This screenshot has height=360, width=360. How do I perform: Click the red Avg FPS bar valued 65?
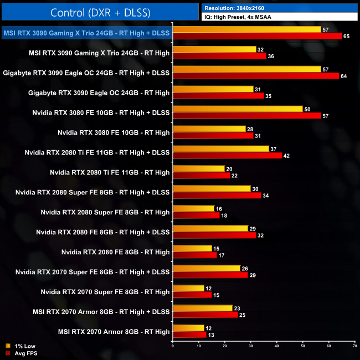pyautogui.click(x=258, y=36)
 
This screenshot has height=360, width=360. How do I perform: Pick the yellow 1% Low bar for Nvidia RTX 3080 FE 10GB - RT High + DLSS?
pyautogui.click(x=238, y=109)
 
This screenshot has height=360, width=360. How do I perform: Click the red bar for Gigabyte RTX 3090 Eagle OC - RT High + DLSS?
pyautogui.click(x=256, y=76)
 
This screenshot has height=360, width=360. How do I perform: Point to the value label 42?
pyautogui.click(x=287, y=156)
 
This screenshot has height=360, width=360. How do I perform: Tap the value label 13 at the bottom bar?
pyautogui.click(x=210, y=335)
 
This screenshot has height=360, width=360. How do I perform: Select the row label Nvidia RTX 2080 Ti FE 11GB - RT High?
pyautogui.click(x=110, y=173)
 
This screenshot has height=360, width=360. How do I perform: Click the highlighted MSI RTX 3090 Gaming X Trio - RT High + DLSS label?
pyautogui.click(x=86, y=33)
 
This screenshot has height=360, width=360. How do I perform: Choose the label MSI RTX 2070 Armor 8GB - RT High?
pyautogui.click(x=114, y=332)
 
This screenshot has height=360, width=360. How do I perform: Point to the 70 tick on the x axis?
pyautogui.click(x=354, y=346)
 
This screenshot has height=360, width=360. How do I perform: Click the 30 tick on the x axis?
pyautogui.click(x=250, y=346)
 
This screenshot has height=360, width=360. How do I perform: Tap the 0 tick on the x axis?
pyautogui.click(x=173, y=346)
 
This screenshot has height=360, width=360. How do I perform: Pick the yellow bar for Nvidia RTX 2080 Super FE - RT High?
pyautogui.click(x=194, y=209)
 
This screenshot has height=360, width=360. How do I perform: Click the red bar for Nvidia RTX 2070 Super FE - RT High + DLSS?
pyautogui.click(x=210, y=275)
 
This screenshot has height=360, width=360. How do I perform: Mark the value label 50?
pyautogui.click(x=307, y=109)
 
